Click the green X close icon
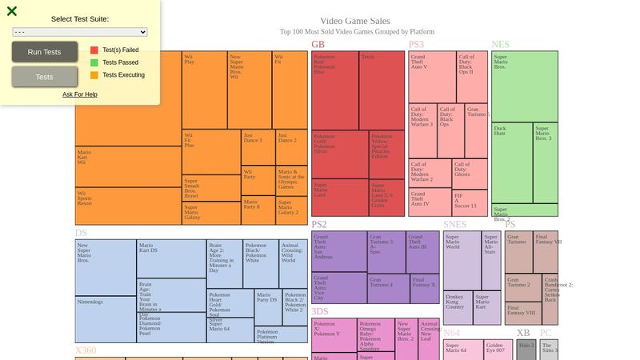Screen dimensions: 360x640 click(12, 11)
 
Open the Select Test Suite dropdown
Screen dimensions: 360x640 click(80, 32)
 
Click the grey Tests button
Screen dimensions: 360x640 click(45, 77)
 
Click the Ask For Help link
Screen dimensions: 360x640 click(80, 94)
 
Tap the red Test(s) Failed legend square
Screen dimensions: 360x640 click(94, 50)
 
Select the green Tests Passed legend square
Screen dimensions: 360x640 click(94, 62)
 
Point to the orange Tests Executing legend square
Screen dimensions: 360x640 click(94, 75)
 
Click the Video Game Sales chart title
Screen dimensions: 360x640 click(355, 21)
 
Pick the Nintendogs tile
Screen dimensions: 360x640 click(106, 320)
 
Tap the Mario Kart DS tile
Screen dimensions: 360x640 click(171, 258)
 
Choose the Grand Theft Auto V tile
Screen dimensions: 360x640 click(432, 77)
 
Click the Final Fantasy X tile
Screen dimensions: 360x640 click(425, 289)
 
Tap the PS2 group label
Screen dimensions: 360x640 click(319, 225)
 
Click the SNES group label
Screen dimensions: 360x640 click(454, 225)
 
